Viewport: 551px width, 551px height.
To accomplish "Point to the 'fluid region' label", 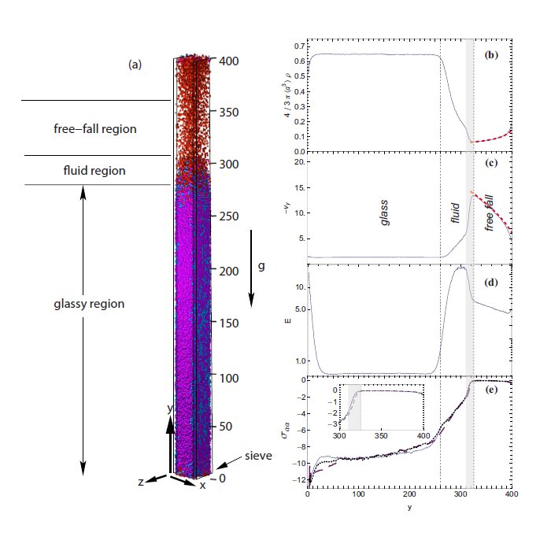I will tap(94, 170).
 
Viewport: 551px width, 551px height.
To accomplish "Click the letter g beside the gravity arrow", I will tap(261, 266).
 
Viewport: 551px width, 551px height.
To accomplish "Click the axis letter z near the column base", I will tap(140, 483).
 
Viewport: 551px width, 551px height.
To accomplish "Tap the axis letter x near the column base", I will tap(202, 485).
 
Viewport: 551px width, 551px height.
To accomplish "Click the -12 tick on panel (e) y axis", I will tap(296, 479).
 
